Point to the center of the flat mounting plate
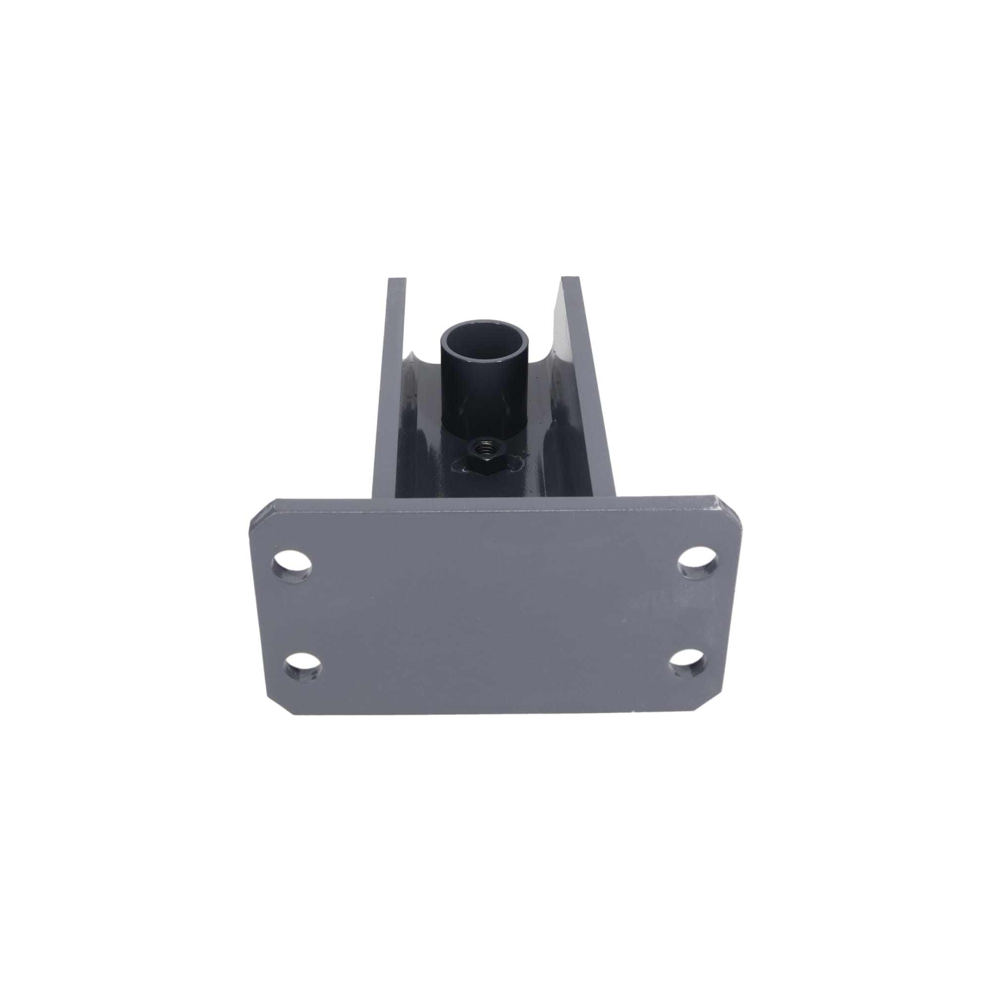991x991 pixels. click(495, 610)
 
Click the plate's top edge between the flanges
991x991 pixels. click(493, 500)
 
